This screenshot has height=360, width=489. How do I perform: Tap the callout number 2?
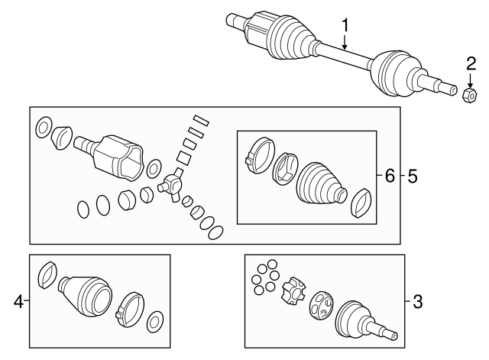click(x=471, y=63)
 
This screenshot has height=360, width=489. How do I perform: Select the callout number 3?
click(x=416, y=302)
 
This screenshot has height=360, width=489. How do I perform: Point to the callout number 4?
click(x=18, y=302)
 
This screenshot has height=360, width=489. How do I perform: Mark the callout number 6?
click(x=389, y=177)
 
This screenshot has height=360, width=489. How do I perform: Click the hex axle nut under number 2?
click(x=470, y=94)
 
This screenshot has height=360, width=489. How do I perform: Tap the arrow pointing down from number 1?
click(x=345, y=44)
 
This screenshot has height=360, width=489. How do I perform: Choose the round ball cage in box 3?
click(x=321, y=306)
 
